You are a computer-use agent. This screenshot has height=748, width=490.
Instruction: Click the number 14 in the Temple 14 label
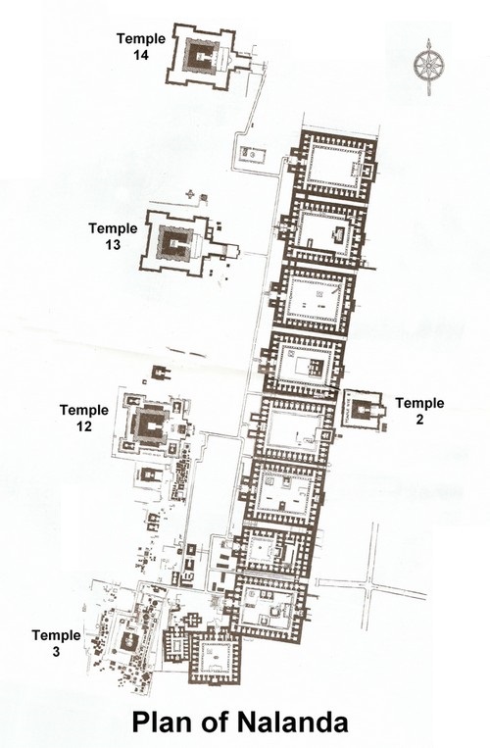pos(138,58)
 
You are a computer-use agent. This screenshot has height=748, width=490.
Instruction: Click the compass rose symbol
pos(427,66)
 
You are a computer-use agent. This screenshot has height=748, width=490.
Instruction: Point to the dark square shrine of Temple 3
pos(127,639)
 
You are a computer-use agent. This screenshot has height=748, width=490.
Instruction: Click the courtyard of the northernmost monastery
pos(333,167)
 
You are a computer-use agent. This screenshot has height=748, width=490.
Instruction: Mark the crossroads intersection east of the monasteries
pos(370,584)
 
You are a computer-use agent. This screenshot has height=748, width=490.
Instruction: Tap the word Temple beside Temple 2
pos(418,403)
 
